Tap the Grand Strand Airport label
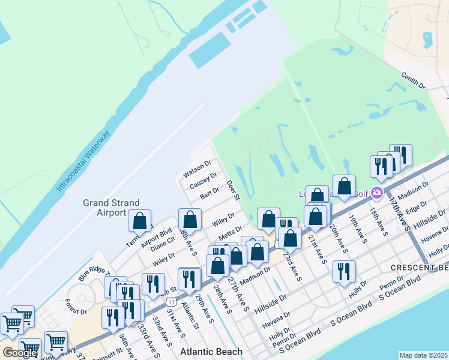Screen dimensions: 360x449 (x=111, y=208)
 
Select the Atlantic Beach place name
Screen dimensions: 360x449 (x=212, y=352)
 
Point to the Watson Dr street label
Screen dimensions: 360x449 (x=197, y=169)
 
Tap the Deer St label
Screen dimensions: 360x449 (x=233, y=190)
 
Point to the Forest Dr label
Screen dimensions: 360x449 (x=76, y=311)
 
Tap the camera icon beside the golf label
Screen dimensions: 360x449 (x=377, y=193)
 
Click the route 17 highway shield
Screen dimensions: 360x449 (x=172, y=300)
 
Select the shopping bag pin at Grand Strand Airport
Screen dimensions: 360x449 (x=140, y=221)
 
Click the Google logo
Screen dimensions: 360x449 (x=20, y=353)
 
